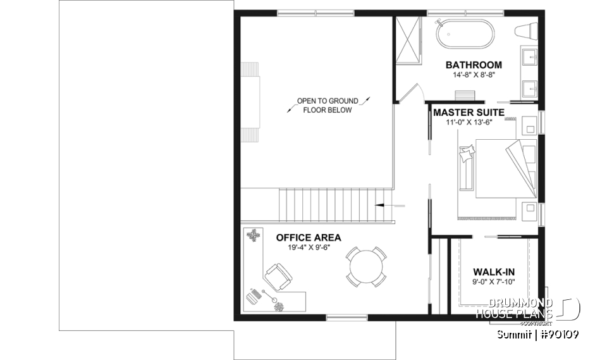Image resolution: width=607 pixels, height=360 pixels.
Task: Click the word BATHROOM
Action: [474, 65]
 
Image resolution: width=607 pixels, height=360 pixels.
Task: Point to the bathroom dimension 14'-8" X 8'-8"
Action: [474, 75]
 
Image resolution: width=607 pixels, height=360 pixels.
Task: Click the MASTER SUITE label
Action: [469, 112]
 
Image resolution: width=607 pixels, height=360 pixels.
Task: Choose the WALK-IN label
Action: [494, 272]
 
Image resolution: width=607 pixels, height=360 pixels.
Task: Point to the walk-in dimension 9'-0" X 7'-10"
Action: [494, 283]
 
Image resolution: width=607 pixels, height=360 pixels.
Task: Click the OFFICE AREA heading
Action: [309, 238]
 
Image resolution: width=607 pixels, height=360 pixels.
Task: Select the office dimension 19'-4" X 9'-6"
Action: [309, 248]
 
